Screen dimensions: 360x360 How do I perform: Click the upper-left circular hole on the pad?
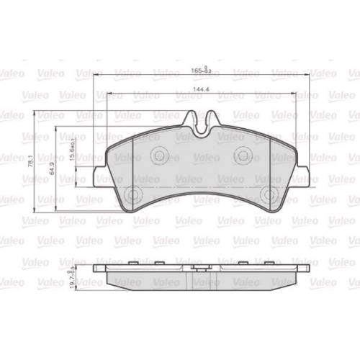pyautogui.click(x=159, y=153)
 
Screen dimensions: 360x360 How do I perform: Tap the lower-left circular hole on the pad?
pyautogui.click(x=132, y=194)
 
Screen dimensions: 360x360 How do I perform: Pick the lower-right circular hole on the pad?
pyautogui.click(x=269, y=194)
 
